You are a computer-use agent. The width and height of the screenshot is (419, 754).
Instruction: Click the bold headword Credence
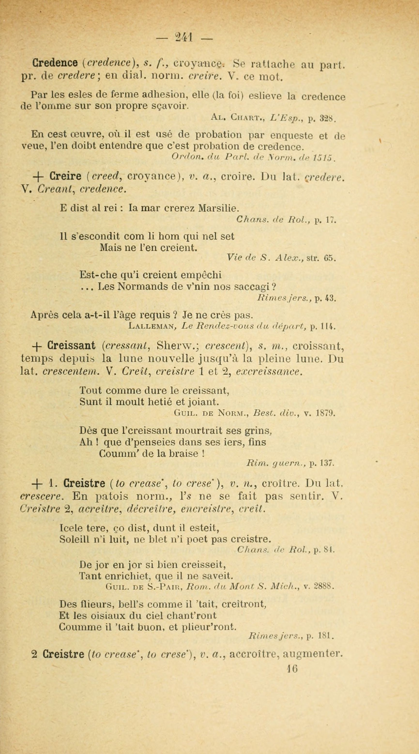[55, 63]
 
